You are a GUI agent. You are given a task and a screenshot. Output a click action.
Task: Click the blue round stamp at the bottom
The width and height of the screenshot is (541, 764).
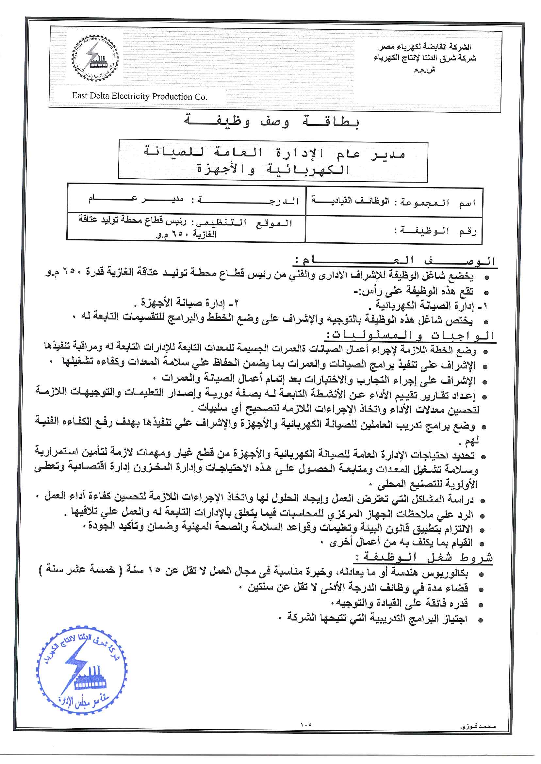(82, 675)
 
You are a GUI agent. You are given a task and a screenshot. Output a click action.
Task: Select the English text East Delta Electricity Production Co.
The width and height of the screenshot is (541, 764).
(139, 96)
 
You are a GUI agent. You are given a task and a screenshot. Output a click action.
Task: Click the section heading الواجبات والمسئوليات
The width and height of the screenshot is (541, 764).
(410, 335)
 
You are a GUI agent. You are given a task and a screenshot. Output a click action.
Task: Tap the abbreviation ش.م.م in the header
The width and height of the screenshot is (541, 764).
(425, 70)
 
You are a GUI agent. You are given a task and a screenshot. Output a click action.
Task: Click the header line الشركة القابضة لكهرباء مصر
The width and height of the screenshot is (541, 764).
(425, 47)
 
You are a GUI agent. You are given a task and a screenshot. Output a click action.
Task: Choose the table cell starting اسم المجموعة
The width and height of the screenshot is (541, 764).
(394, 202)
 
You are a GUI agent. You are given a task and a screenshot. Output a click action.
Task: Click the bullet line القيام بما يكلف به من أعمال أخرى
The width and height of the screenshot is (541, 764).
(401, 543)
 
